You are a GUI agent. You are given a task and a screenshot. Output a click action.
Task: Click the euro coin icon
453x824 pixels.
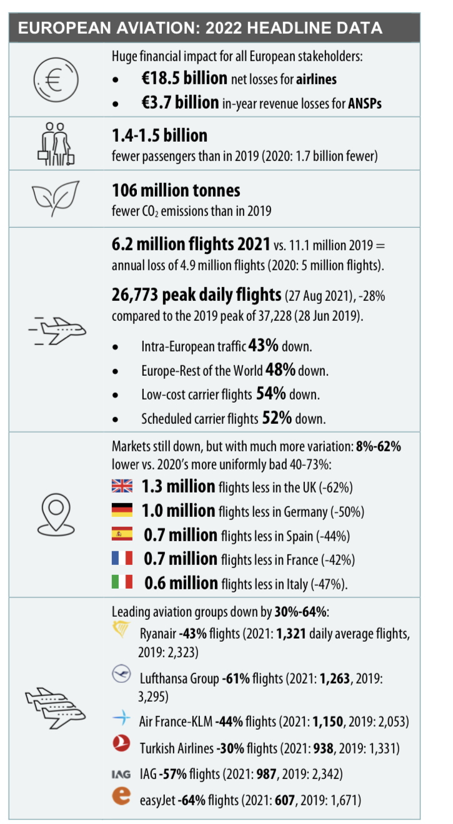56,80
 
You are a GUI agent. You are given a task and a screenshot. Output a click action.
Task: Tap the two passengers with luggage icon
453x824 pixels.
56,144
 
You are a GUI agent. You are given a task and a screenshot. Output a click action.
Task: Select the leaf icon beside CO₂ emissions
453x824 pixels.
56,198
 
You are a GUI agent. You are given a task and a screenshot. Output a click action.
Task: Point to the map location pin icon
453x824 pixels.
56,514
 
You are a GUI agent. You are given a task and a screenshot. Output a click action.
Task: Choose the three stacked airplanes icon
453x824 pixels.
55,708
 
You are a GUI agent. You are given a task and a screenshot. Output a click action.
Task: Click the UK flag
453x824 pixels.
122,486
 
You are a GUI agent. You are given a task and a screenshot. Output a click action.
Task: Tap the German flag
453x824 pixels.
122,510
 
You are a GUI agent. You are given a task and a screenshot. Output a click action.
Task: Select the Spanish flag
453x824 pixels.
122,534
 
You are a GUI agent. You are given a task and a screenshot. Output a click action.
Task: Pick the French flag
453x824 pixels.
122,557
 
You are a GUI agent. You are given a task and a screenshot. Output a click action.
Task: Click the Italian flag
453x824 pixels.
122,582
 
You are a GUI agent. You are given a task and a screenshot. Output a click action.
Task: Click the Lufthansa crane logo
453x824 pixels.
121,674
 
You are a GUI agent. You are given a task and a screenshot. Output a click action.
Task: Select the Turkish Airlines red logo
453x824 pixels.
121,743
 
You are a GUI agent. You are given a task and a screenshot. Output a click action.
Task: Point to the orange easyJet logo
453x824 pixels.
122,796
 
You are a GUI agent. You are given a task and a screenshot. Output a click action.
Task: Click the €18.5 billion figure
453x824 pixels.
184,79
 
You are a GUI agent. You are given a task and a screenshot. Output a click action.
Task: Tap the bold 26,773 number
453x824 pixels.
135,295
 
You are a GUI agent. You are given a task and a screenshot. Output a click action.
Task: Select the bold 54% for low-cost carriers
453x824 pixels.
271,394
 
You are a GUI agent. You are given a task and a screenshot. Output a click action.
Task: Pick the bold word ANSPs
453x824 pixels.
365,104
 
